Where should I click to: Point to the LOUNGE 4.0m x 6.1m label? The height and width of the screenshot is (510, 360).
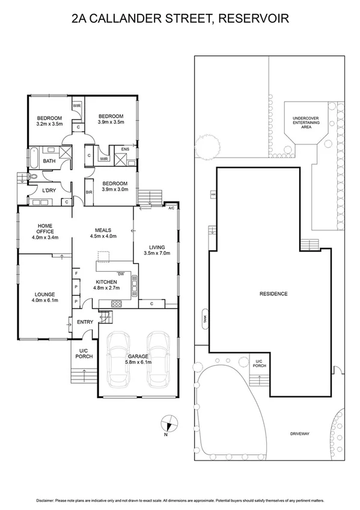click(x=45, y=296)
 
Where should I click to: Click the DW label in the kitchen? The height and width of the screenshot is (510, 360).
click(x=121, y=274)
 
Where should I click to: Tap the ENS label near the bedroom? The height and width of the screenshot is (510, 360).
click(x=125, y=149)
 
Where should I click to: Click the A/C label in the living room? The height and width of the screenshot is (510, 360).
click(x=171, y=208)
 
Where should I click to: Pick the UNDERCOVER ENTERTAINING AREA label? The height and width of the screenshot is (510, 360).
click(x=306, y=122)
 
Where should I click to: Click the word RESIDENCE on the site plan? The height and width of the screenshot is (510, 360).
click(x=273, y=294)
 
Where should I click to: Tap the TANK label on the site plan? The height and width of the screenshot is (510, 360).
click(x=204, y=316)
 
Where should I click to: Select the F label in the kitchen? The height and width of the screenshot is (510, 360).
click(x=76, y=274)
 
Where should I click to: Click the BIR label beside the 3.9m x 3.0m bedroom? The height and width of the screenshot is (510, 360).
click(x=89, y=192)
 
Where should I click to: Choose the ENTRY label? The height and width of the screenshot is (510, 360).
click(x=85, y=322)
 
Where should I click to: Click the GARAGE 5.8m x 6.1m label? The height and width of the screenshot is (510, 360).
click(x=138, y=360)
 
